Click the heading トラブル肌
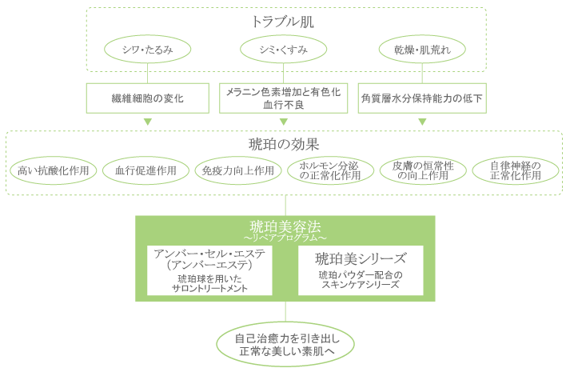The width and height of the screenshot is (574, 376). [x=285, y=22]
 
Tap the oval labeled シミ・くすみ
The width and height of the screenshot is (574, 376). [x=285, y=50]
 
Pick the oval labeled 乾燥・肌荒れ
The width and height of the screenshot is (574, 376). [x=421, y=50]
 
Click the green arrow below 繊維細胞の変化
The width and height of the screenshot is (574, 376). [x=147, y=122]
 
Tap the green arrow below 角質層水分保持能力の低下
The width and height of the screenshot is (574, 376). [x=422, y=122]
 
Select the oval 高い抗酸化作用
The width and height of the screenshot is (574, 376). [x=54, y=170]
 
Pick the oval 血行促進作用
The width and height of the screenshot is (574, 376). [x=145, y=170]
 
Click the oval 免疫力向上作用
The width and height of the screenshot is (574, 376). [x=237, y=170]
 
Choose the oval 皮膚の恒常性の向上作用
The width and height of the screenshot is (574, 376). [x=423, y=170]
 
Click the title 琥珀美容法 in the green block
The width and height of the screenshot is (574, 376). [x=285, y=227]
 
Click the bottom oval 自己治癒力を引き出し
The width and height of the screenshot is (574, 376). [x=285, y=344]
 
